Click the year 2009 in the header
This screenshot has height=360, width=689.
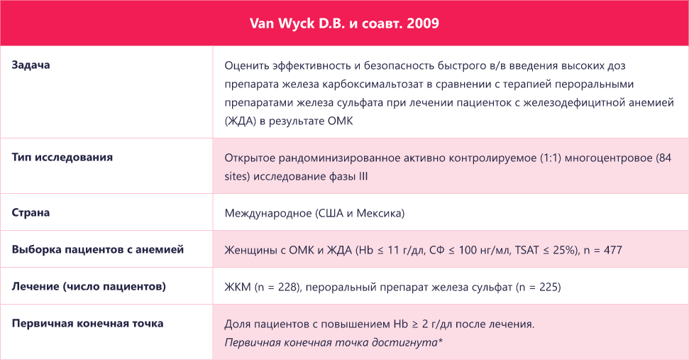424,23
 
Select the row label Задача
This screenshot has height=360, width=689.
35,65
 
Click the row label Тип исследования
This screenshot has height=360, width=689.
62,157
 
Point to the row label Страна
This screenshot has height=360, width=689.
31,212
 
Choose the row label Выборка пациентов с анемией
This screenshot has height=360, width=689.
98,249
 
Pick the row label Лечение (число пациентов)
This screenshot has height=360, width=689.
89,286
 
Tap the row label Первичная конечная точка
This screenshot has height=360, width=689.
88,323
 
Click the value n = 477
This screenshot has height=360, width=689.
602,250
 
